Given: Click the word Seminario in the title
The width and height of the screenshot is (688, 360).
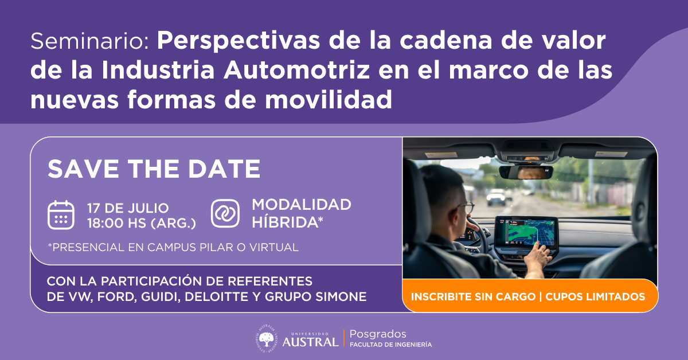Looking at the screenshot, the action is tap(89, 41).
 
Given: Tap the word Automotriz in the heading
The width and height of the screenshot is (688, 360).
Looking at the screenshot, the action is tap(297, 71).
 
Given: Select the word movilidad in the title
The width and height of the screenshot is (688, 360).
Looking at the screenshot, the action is tap(329, 100).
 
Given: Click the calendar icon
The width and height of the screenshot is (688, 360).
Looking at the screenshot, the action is tap(61, 215).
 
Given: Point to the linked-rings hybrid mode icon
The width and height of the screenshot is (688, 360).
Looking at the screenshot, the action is tap(225, 213).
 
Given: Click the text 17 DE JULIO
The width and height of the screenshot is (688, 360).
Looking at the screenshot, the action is tap(128, 208).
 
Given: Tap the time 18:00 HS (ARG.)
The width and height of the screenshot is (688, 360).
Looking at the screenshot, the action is tap(142, 223).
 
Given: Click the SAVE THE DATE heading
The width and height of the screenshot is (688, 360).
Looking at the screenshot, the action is tap(154, 169).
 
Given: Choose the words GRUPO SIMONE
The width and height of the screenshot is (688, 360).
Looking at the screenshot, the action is tap(315, 297).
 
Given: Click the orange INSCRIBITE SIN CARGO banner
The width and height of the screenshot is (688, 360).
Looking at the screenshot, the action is tap(530, 296).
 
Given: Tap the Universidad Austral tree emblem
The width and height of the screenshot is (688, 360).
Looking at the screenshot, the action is tap(266, 338).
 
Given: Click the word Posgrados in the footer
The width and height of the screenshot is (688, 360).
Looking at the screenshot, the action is tap(378, 334).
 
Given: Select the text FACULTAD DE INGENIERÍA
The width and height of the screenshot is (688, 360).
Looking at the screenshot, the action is tap(390, 345).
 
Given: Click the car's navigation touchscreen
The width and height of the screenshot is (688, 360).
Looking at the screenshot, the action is tap(526, 233).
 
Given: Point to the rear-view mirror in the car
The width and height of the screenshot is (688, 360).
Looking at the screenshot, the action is tap(526, 172).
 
